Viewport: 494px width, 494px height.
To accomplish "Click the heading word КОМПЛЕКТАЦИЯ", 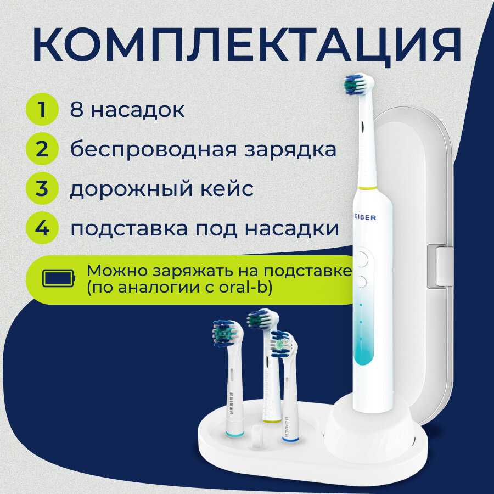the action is pos(246,46).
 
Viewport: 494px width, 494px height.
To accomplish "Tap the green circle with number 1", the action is pos(42,109).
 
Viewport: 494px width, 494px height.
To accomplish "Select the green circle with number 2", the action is pos(42,149).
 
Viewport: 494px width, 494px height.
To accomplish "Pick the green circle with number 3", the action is pos(42,188).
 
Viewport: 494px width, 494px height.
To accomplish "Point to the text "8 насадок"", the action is pos(127,110).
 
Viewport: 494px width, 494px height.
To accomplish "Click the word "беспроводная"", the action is pos(153,150).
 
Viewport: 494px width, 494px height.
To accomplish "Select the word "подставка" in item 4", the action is pos(128,229).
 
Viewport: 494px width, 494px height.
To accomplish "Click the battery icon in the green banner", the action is pos(59,278).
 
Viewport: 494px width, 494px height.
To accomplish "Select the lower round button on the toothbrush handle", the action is pos(362,282).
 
